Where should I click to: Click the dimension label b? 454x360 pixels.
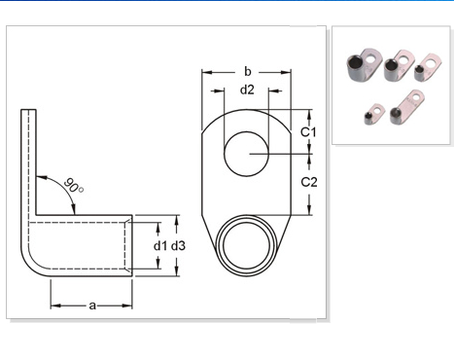click(x=248, y=72)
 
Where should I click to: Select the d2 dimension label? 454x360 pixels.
click(x=247, y=90)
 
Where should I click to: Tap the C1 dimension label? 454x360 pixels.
click(x=308, y=132)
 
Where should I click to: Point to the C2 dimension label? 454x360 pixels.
click(x=309, y=182)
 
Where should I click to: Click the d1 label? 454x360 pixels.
click(x=161, y=246)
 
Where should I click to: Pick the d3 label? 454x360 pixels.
click(x=178, y=246)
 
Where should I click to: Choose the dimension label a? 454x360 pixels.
click(x=92, y=306)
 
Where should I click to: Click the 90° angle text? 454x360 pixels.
click(x=74, y=186)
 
